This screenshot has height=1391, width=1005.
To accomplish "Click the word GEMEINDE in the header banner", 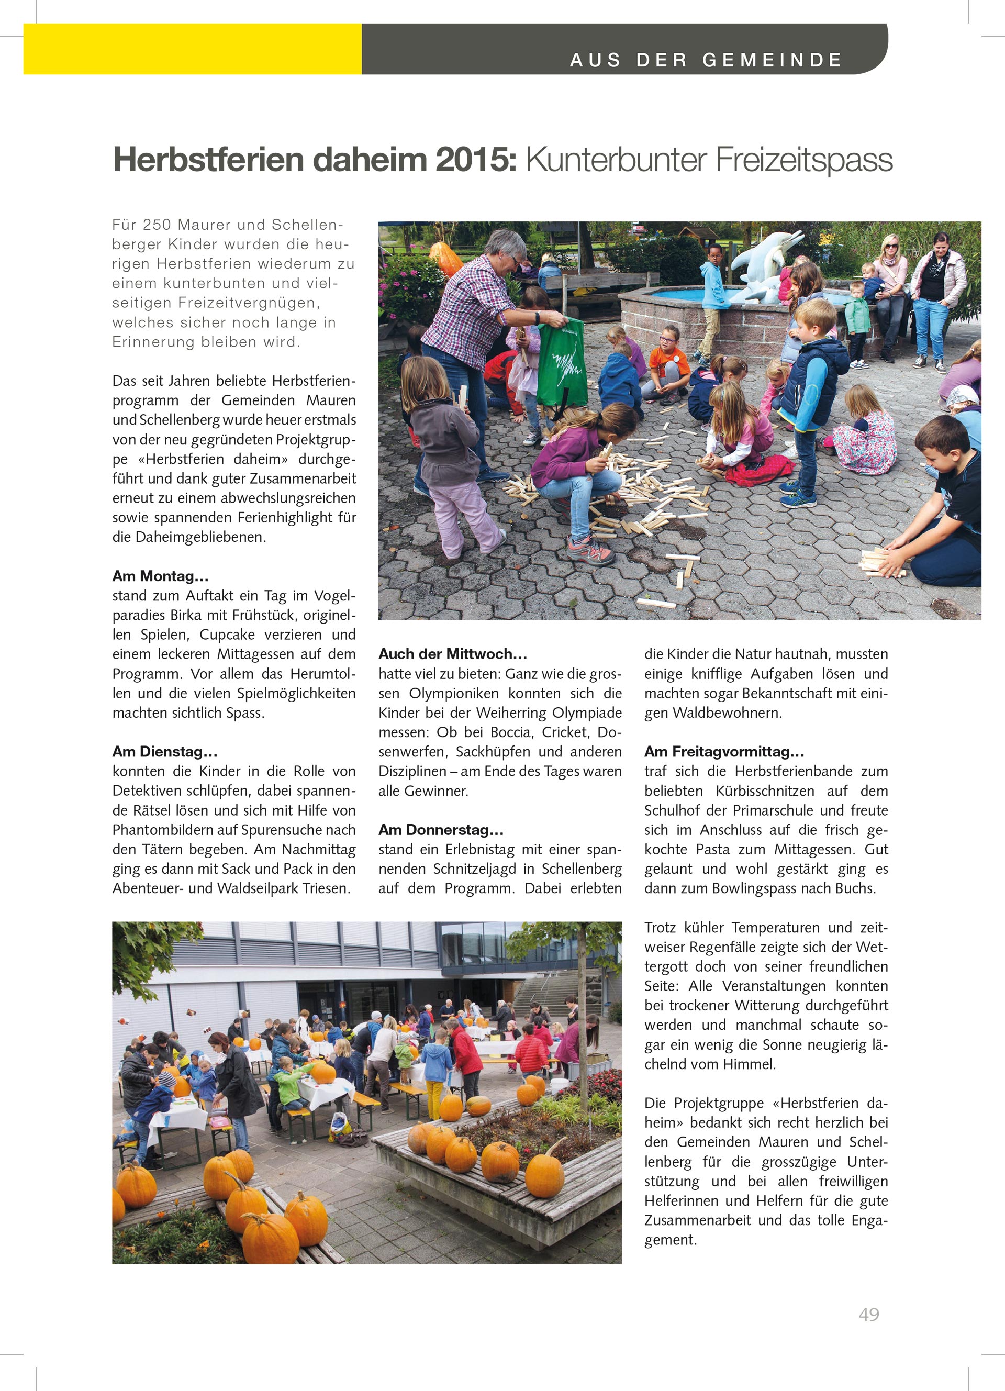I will (x=772, y=60).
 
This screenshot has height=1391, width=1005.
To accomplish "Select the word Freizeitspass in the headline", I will (x=803, y=160).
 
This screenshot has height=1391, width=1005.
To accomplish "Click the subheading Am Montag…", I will (x=160, y=576).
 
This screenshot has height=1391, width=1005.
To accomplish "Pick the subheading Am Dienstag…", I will (x=164, y=751).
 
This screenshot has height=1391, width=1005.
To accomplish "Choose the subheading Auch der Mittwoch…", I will (x=453, y=654).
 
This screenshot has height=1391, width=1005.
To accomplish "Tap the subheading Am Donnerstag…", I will (x=441, y=830).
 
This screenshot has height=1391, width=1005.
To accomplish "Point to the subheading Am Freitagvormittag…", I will (x=723, y=751).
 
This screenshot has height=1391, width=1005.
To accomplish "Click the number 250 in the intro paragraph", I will (x=157, y=225).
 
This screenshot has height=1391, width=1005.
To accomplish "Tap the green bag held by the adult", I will (x=562, y=362).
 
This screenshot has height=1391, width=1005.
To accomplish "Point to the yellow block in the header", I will (x=192, y=49).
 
